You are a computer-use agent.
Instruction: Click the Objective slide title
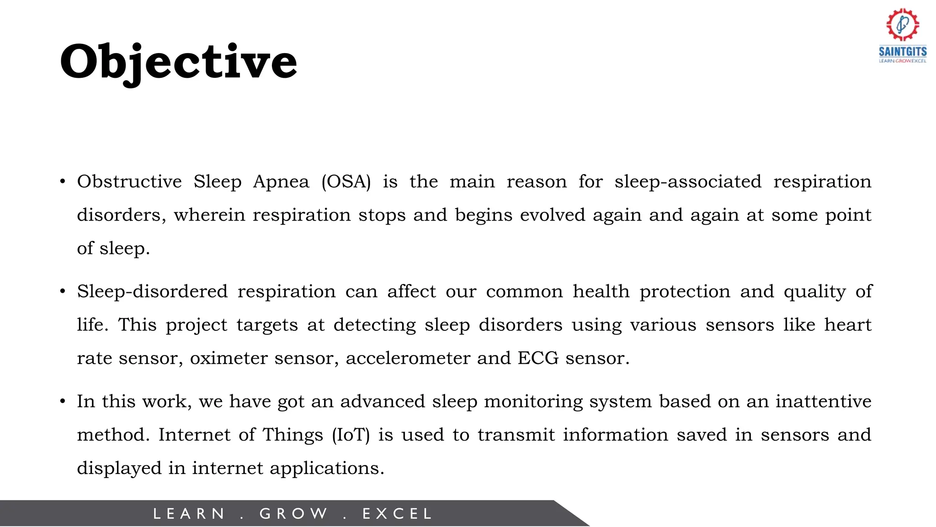click(x=178, y=62)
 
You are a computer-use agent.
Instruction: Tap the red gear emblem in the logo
click(x=903, y=24)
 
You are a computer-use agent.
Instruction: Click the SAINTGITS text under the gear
click(x=903, y=51)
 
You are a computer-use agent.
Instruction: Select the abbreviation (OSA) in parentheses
click(x=346, y=182)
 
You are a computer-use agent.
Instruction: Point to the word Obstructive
click(x=129, y=182)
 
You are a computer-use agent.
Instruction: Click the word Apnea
click(x=281, y=182)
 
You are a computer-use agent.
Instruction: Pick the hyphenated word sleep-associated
click(x=688, y=182)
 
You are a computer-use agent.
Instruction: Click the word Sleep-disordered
click(x=152, y=291)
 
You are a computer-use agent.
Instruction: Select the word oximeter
click(x=229, y=358)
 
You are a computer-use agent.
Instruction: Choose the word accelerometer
click(x=408, y=358)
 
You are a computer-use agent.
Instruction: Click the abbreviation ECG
click(x=538, y=358)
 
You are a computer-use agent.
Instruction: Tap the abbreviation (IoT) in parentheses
click(x=351, y=435)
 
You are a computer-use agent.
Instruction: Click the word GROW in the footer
click(x=293, y=514)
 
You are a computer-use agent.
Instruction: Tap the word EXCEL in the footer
click(x=397, y=514)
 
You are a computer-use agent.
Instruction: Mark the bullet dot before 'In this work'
click(x=63, y=402)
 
